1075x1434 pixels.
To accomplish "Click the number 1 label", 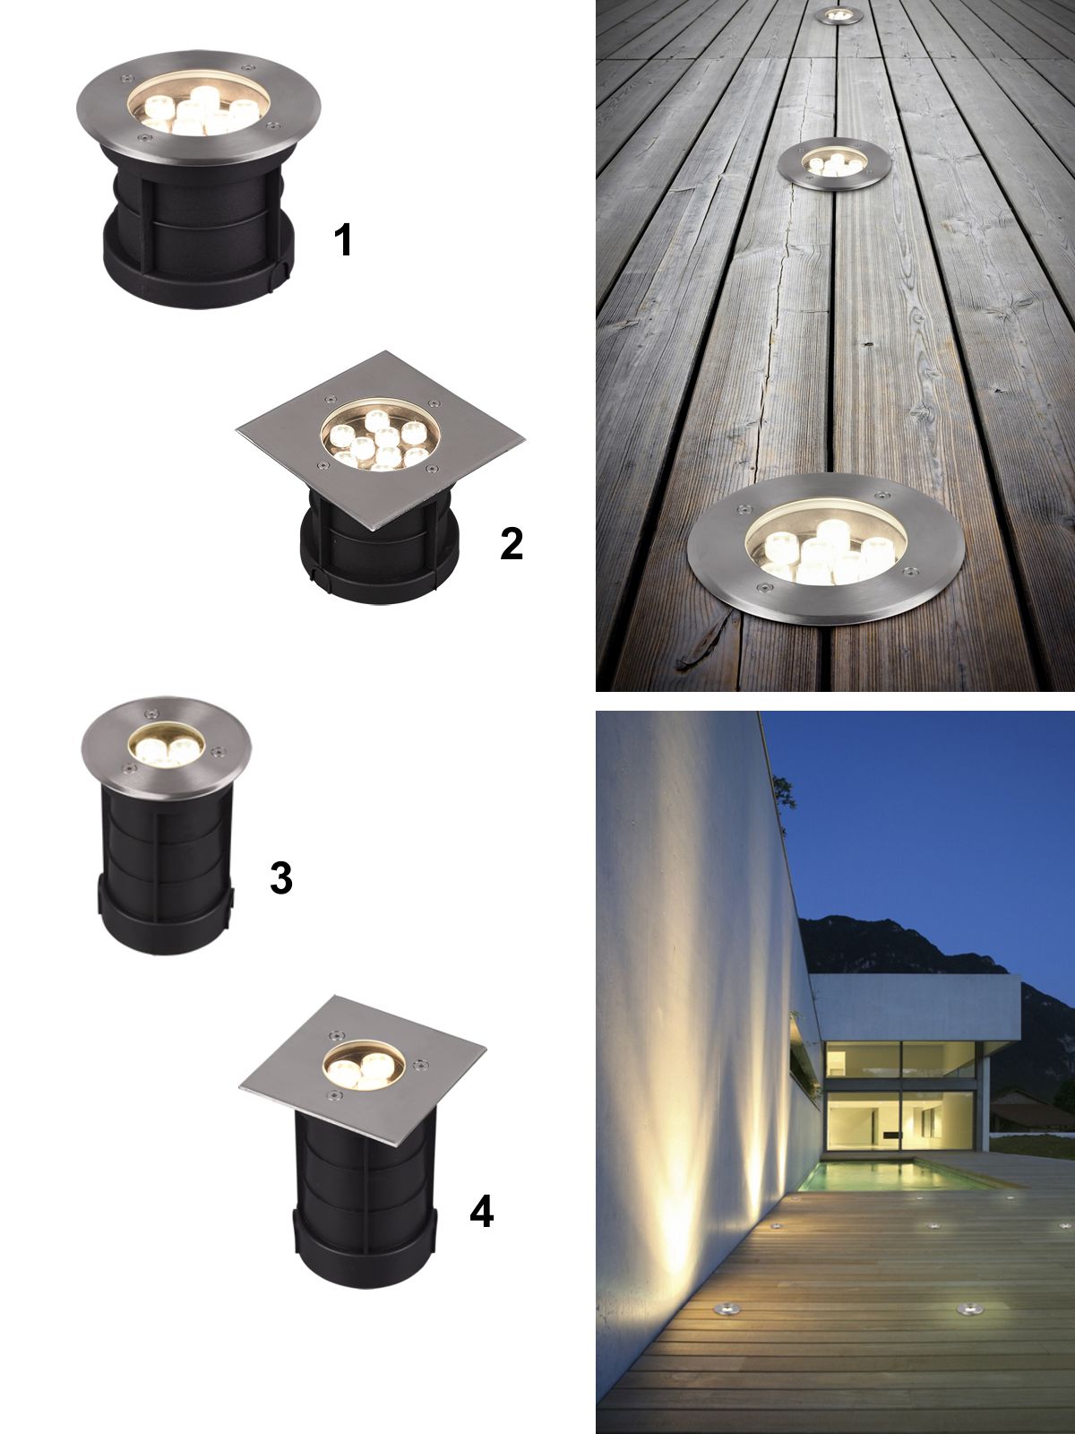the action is click(343, 239).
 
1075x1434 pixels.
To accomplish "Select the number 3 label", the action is click(280, 878).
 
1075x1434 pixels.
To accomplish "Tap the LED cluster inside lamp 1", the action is click(198, 111).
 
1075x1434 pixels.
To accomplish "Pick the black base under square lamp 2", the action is click(380, 556).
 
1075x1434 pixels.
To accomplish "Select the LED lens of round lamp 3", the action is click(166, 747).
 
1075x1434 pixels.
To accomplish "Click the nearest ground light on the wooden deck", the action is click(826, 549).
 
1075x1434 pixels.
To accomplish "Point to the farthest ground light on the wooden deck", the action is click(838, 16).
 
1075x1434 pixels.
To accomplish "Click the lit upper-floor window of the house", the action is click(900, 1058).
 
